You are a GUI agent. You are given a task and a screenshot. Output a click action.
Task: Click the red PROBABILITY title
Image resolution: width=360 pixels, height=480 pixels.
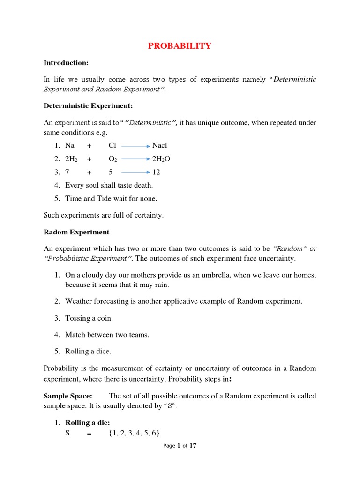(x=180, y=46)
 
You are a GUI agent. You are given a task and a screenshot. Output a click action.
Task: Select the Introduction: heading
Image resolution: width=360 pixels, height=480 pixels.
(x=66, y=63)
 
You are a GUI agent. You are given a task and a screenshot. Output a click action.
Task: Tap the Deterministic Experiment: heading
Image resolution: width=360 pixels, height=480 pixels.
(x=88, y=106)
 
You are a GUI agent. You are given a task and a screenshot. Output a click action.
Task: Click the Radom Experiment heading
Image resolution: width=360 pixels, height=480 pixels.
(x=76, y=232)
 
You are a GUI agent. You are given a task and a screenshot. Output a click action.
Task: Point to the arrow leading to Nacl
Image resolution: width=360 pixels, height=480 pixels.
(x=135, y=146)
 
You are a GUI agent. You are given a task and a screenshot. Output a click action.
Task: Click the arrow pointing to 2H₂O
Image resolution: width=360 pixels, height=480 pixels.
(x=135, y=159)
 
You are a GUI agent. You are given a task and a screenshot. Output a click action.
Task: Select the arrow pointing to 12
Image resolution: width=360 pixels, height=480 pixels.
(x=135, y=172)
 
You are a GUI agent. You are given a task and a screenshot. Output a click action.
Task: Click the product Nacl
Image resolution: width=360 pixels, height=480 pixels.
(x=160, y=146)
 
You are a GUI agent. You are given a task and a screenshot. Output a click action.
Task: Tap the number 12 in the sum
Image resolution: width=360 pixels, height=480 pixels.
(x=156, y=172)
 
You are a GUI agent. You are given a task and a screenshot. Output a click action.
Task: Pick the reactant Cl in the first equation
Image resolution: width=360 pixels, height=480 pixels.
(x=112, y=146)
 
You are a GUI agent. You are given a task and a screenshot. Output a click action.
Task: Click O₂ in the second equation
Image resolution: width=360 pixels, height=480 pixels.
(x=113, y=159)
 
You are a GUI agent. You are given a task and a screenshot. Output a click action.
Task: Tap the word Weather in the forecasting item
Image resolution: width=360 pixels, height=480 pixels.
(x=78, y=301)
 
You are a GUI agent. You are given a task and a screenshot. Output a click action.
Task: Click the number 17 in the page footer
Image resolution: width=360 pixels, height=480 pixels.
(x=193, y=446)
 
